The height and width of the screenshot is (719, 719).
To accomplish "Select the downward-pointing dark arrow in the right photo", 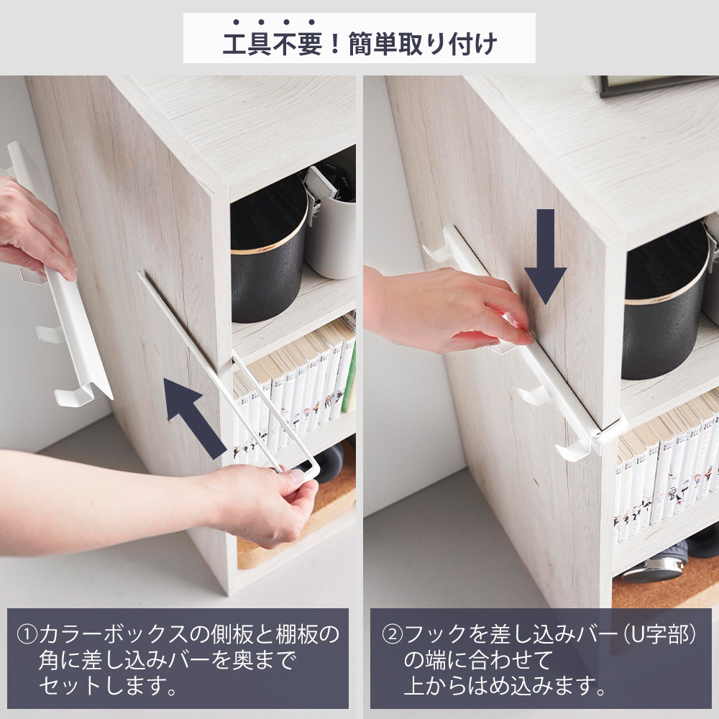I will tap(545, 255).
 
